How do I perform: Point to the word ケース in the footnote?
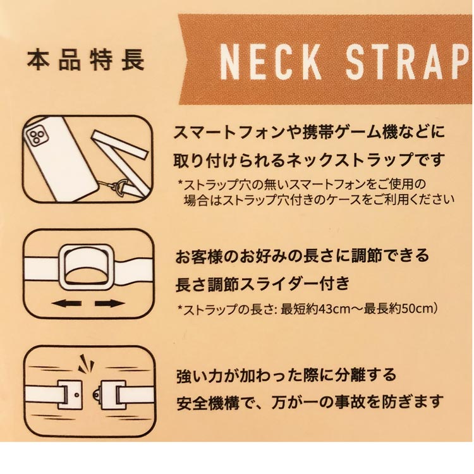point(355,200)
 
